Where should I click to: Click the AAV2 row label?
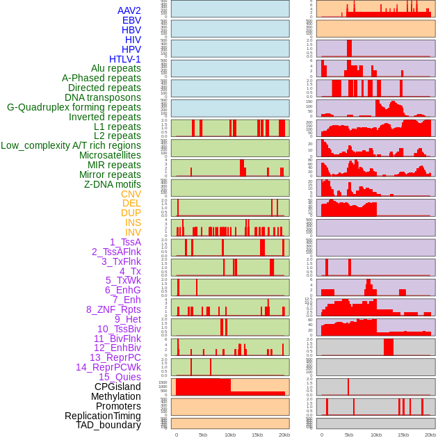pyautogui.click(x=129, y=10)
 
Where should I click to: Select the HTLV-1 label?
pyautogui.click(x=124, y=59)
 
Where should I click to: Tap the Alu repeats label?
pyautogui.click(x=115, y=69)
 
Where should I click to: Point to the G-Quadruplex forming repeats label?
pyautogui.click(x=74, y=107)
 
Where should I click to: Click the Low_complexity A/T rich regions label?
pyautogui.click(x=71, y=145)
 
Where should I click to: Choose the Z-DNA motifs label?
pyautogui.click(x=113, y=184)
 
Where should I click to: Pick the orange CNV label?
pyautogui.click(x=131, y=194)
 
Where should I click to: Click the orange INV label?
pyautogui.click(x=133, y=232)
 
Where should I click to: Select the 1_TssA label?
pyautogui.click(x=125, y=242)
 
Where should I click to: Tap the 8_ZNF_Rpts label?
pyautogui.click(x=113, y=309)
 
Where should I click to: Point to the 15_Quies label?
pyautogui.click(x=120, y=377)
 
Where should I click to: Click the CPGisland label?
pyautogui.click(x=117, y=387)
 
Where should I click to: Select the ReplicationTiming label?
pyautogui.click(x=102, y=416)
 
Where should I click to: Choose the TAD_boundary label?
pyautogui.click(x=108, y=425)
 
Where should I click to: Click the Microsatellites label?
pyautogui.click(x=110, y=155)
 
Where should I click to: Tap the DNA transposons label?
pyautogui.click(x=103, y=97)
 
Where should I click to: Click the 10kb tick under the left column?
pyautogui.click(x=229, y=435)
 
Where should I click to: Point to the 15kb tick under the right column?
pyautogui.click(x=403, y=435)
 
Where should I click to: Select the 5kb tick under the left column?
pyautogui.click(x=203, y=435)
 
